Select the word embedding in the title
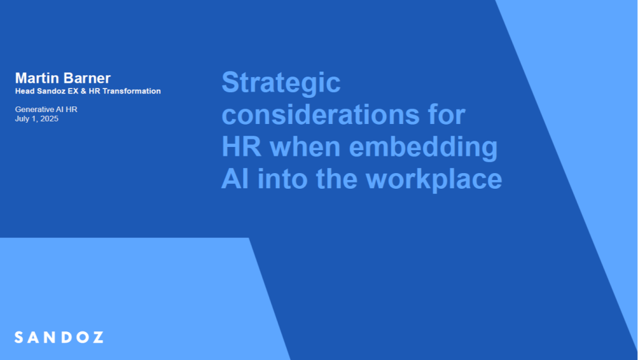point(423,149)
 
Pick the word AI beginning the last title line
point(235,179)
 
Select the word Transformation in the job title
point(131,91)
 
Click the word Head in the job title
point(25,91)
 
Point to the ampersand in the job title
point(83,91)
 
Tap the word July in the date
point(22,119)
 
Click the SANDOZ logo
point(59,337)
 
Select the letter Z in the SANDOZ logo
point(98,337)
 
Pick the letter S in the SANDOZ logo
point(19,337)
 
